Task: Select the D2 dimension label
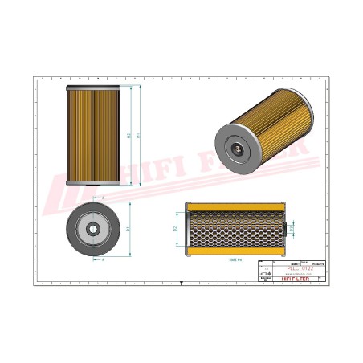176,228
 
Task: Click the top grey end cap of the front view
94,84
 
